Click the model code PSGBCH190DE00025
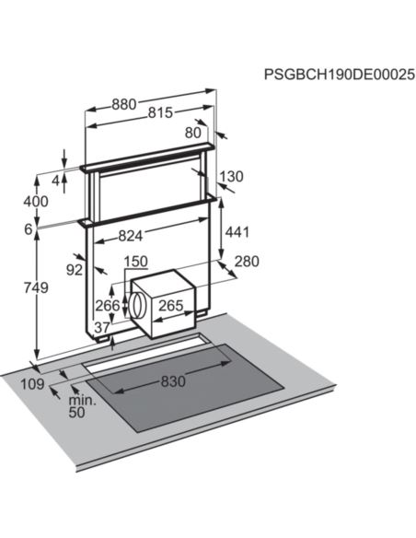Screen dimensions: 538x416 pos(339,73)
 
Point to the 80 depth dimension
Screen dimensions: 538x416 pos(192,132)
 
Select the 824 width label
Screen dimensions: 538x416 pos(133,236)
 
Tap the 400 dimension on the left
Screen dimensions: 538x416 pos(36,202)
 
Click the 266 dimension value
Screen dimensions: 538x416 pos(108,306)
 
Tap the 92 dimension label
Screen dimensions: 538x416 pos(75,270)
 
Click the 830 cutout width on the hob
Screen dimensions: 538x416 pos(173,381)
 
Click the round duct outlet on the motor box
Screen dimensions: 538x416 pos(137,305)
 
